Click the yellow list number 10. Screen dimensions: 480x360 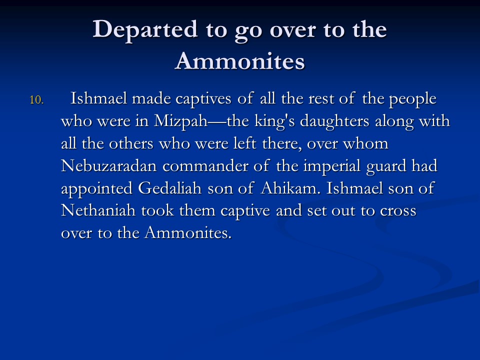[x=36, y=100]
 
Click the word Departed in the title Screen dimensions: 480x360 [x=145, y=29]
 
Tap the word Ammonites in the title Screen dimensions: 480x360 [x=239, y=60]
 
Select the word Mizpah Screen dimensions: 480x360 [x=180, y=121]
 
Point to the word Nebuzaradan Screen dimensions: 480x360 [x=108, y=165]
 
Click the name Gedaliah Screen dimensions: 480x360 [x=169, y=188]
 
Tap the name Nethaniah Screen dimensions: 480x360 [x=98, y=210]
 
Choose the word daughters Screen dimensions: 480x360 [x=334, y=121]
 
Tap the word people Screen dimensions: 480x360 [x=412, y=99]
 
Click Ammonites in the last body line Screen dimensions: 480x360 [x=188, y=232]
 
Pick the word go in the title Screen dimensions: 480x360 [x=248, y=32]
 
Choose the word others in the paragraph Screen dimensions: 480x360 [x=131, y=143]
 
